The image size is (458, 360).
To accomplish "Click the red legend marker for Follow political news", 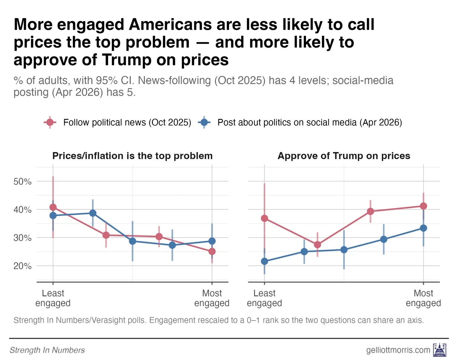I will point(50,123).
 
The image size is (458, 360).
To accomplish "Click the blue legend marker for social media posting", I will point(204,123).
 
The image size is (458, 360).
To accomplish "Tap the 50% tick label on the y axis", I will point(23,181).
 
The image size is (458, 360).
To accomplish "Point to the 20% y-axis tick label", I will point(23,266).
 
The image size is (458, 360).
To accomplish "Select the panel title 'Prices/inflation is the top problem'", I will point(132,156).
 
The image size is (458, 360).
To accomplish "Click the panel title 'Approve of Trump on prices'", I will point(344,156).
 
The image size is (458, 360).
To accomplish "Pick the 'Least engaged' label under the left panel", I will point(53,298).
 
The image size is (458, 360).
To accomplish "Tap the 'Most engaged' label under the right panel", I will point(423,298).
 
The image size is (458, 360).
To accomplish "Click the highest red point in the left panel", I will point(53,207).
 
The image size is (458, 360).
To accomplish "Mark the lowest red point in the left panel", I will point(212,252).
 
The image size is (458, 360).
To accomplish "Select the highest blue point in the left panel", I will point(93,213).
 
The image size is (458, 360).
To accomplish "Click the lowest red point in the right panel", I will point(317,245).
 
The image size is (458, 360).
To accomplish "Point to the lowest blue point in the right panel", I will point(264,261).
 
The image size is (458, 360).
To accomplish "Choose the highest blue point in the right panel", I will point(423,228).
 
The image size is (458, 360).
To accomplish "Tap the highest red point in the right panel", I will point(423,206).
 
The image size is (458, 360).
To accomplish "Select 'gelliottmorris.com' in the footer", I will point(398,350).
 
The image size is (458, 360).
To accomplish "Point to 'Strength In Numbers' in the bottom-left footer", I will point(47,350).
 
